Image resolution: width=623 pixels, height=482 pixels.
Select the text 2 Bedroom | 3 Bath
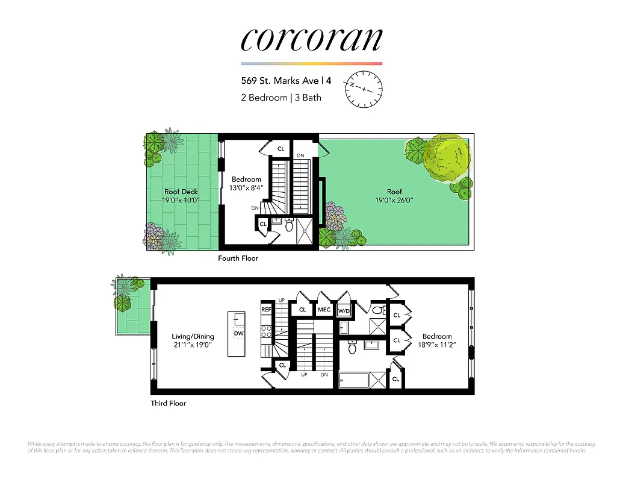(281, 98)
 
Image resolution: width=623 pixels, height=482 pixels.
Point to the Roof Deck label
(181, 192)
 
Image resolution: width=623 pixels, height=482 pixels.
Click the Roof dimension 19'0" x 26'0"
(394, 200)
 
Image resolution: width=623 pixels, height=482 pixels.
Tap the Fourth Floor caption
(238, 258)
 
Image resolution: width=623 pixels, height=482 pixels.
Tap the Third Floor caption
(168, 403)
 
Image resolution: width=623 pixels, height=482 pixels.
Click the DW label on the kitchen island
(238, 333)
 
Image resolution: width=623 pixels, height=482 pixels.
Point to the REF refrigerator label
(266, 310)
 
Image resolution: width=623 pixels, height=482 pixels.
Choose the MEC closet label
(324, 310)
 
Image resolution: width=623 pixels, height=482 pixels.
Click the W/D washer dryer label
(344, 311)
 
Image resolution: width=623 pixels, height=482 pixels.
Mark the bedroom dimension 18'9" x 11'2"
(436, 345)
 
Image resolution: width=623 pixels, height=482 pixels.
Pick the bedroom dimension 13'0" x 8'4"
(246, 188)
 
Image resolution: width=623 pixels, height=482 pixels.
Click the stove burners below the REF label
(266, 332)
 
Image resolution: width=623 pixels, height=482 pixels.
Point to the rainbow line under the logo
(311, 63)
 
